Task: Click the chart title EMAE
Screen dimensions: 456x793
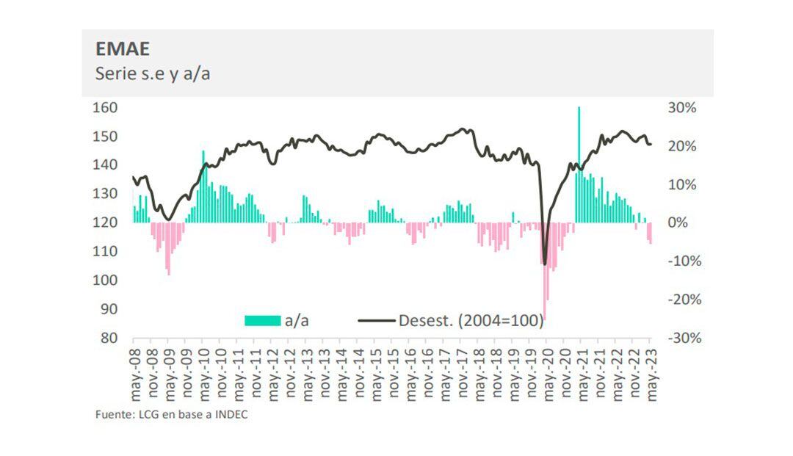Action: point(123,49)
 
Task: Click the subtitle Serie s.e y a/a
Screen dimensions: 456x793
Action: point(153,73)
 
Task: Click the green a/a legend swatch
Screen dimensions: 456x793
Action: point(262,320)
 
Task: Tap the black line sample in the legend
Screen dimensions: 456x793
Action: point(377,320)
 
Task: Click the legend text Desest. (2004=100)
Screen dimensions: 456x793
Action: point(471,320)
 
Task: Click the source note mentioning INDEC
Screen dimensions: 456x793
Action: point(171,415)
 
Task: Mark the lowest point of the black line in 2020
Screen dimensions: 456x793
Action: point(544,264)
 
